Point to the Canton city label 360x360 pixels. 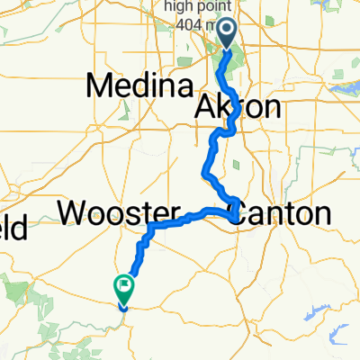280,213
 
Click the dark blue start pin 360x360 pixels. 226,35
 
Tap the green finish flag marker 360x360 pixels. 123,288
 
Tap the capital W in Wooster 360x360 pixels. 75,213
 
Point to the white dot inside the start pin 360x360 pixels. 226,33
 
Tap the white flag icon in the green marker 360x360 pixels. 123,287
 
